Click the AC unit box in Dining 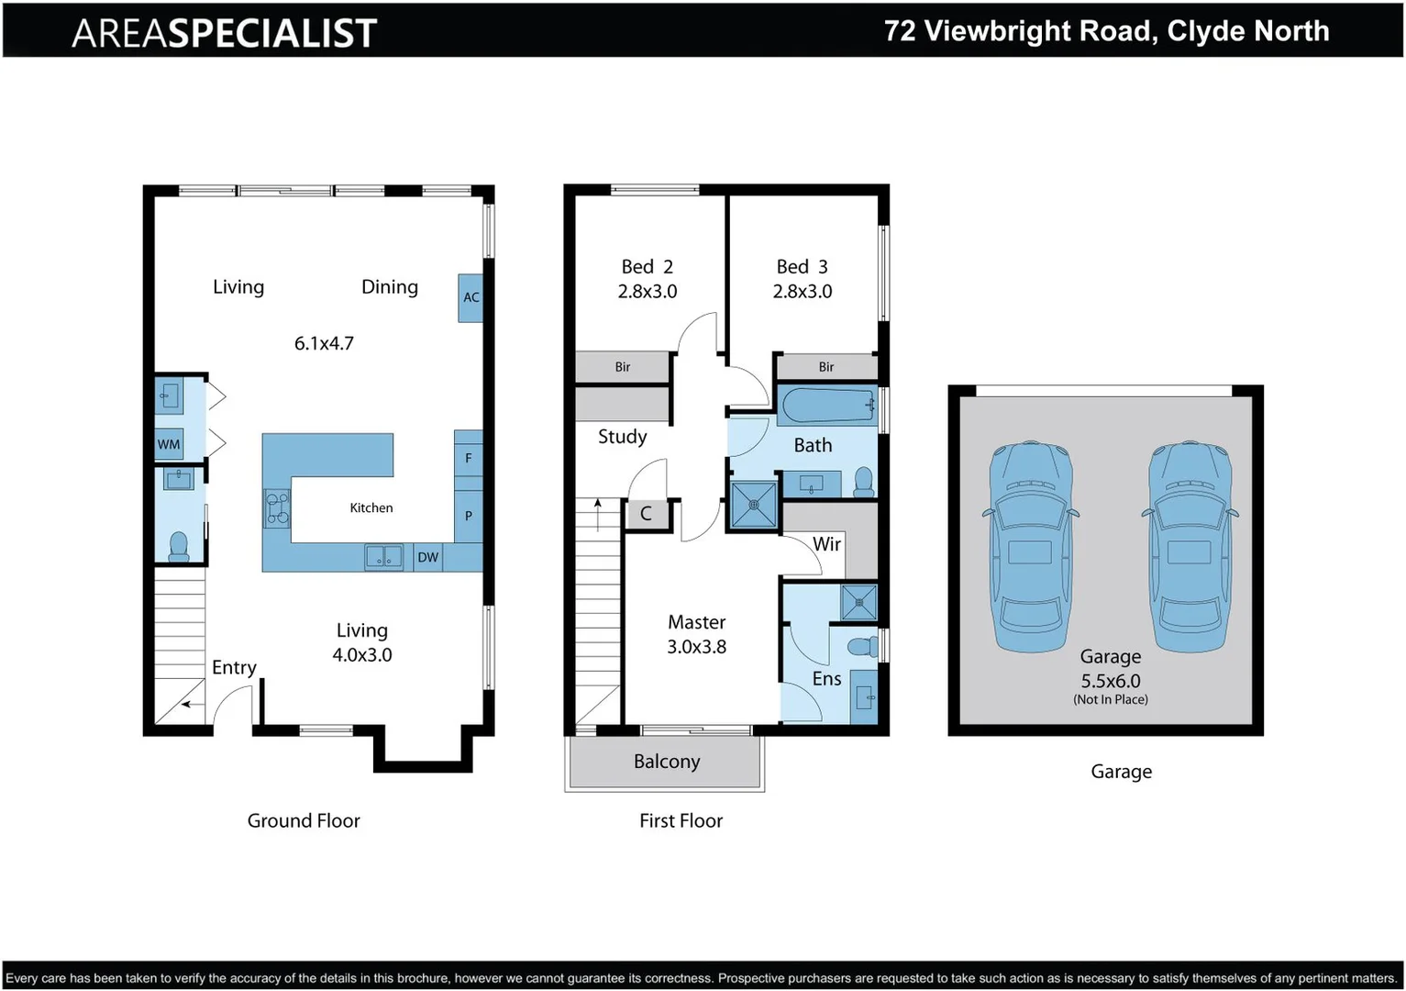point(471,297)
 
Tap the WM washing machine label point(169,445)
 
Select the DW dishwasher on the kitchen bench point(427,557)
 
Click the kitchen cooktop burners point(277,508)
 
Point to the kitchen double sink point(383,556)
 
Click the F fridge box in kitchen point(469,458)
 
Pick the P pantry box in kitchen point(469,516)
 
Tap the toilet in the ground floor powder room point(179,546)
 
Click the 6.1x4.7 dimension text point(324,343)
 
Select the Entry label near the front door point(234,667)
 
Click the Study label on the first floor point(622,437)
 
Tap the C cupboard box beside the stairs point(646,514)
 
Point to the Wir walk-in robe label point(826,544)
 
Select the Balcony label point(667,762)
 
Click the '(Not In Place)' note point(1110,699)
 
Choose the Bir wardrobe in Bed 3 point(826,367)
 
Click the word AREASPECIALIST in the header point(224,33)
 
